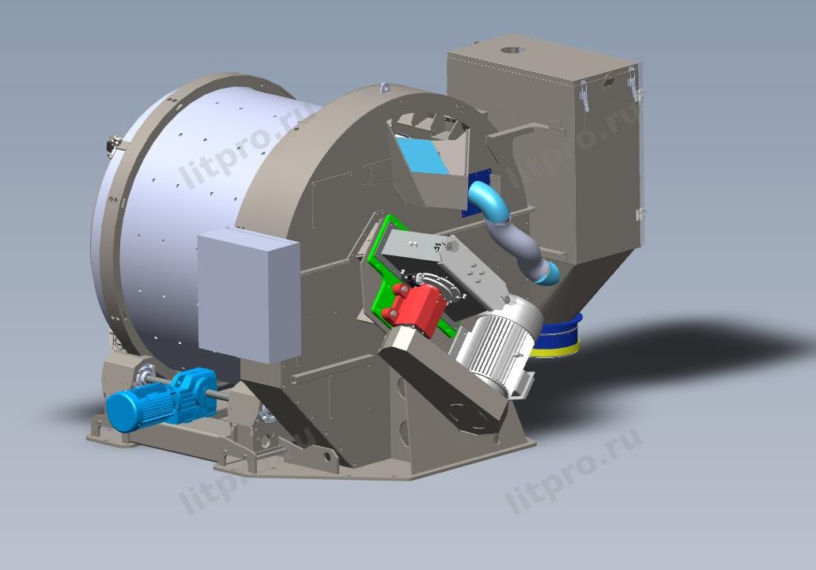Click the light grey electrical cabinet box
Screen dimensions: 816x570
249,295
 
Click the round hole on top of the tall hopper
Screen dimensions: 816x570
512,51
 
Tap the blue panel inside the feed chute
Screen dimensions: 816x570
421,155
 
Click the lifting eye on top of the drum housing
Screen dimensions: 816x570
385,86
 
